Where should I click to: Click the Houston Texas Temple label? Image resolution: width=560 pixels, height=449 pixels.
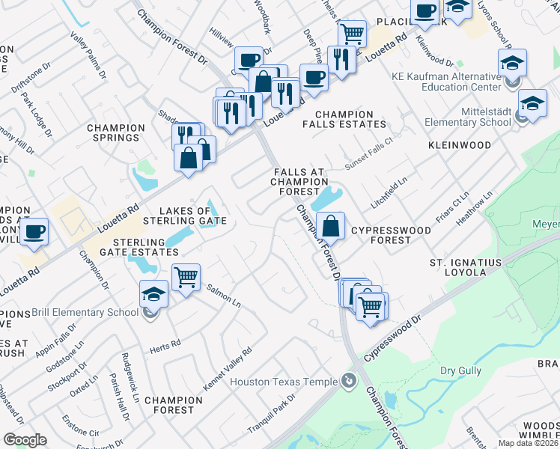(284, 382)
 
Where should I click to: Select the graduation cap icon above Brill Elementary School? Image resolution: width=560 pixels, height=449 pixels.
(153, 294)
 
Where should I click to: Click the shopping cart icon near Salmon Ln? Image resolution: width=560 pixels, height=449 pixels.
(186, 277)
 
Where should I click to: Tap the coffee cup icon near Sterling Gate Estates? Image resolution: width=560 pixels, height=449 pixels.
(34, 232)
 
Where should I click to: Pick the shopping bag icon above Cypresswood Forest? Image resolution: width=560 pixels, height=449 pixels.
(330, 224)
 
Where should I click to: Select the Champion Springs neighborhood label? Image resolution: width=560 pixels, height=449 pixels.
(115, 132)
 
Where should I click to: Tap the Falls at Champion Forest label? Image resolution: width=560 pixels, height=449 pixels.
(299, 181)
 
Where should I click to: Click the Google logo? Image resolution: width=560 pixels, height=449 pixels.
(25, 440)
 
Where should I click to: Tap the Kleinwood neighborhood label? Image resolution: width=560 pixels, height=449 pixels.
(460, 144)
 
